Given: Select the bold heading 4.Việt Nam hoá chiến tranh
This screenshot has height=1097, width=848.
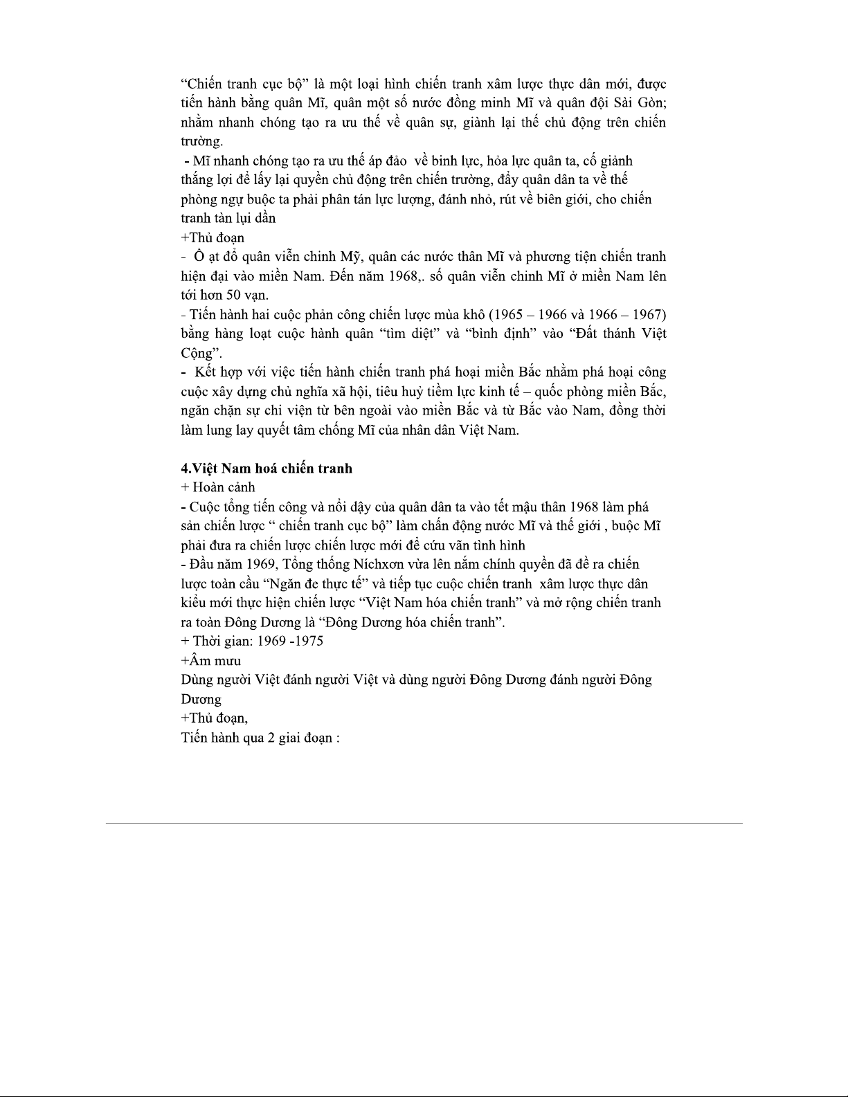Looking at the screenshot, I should pyautogui.click(x=266, y=469).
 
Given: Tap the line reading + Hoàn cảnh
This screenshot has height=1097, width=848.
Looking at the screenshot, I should pyautogui.click(x=217, y=487).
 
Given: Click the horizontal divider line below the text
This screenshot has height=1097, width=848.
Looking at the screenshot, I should pyautogui.click(x=424, y=823).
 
